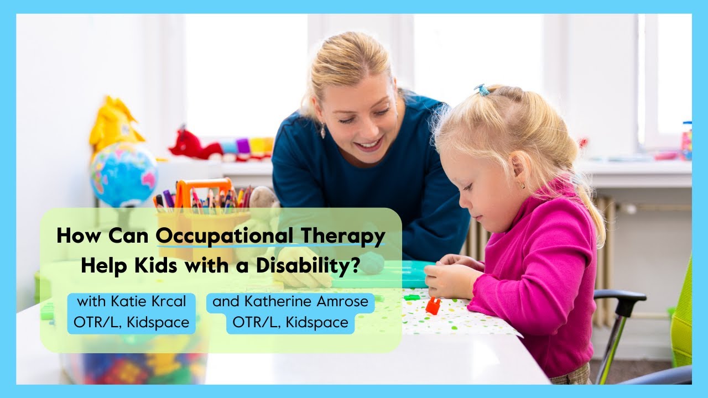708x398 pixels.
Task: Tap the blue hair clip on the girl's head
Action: pyautogui.click(x=483, y=90)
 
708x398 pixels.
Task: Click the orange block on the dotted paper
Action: pyautogui.click(x=433, y=306)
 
